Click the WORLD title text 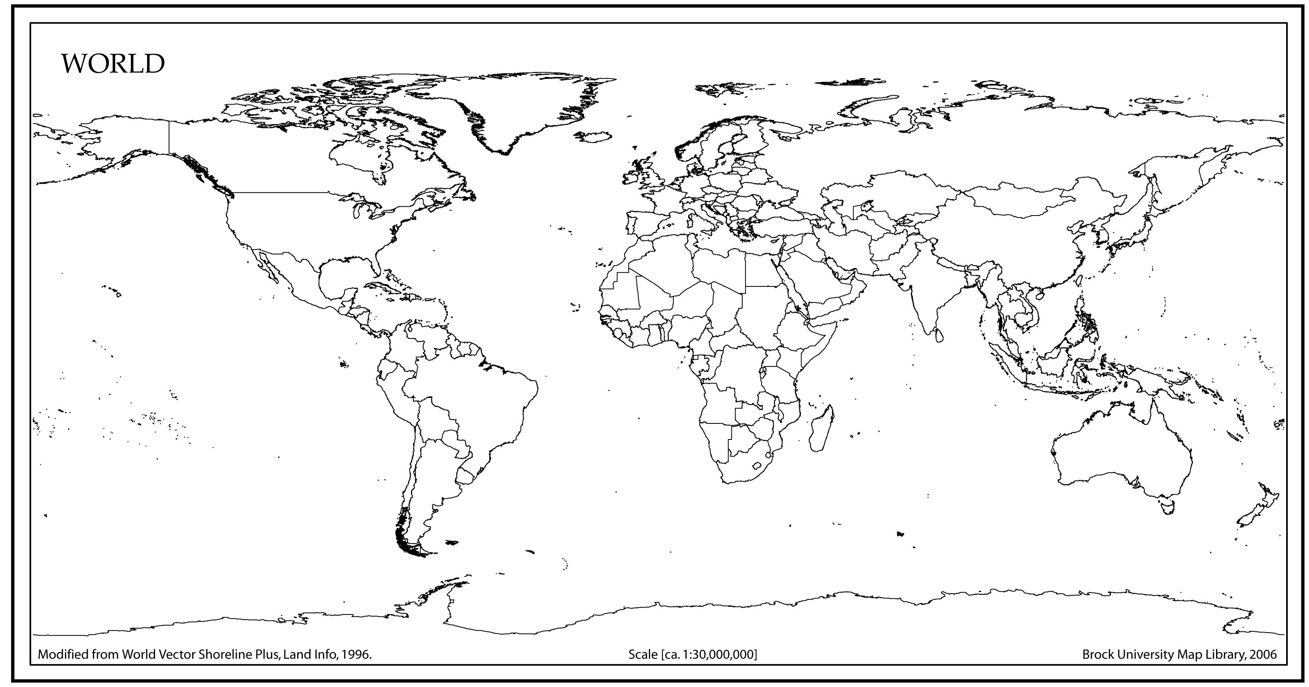tap(113, 64)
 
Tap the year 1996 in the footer tap(355, 655)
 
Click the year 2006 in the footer tap(1263, 655)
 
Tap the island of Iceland tap(594, 137)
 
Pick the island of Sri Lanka tap(938, 335)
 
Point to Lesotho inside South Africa tap(757, 465)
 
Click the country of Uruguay tap(465, 476)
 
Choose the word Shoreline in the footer tap(221, 655)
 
